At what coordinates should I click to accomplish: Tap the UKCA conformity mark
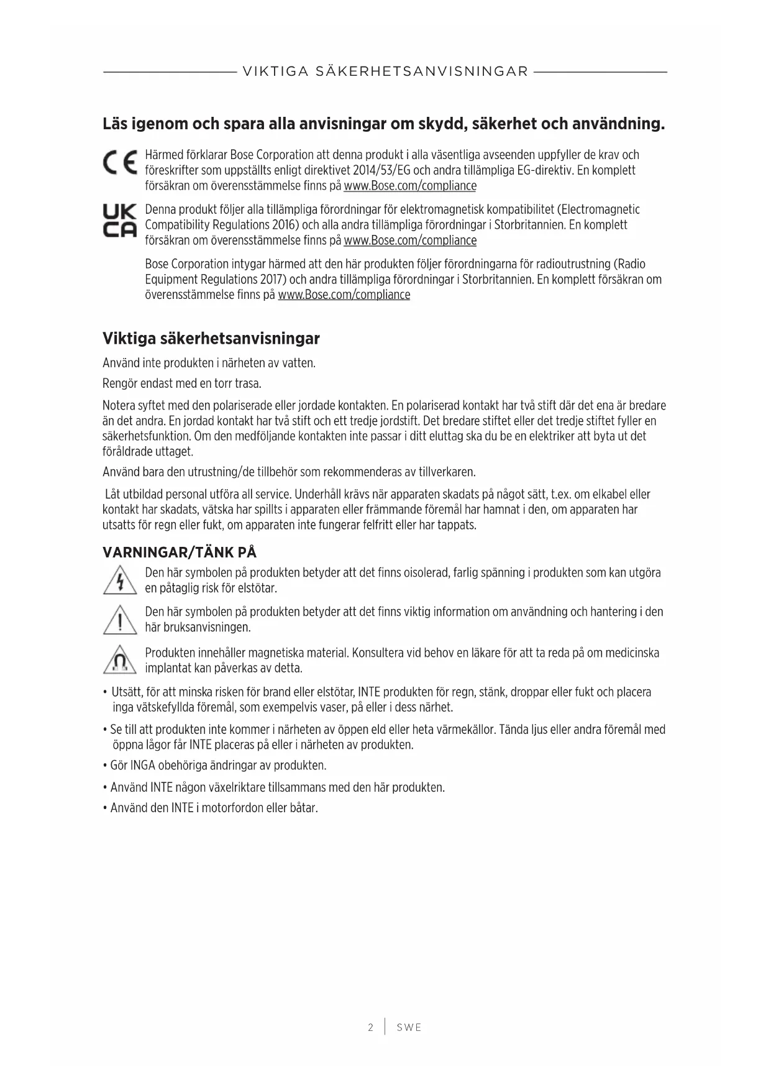[119, 221]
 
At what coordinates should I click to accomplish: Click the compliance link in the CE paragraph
[410, 186]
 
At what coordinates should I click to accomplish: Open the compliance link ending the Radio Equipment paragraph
[344, 295]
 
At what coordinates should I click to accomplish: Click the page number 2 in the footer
[371, 1027]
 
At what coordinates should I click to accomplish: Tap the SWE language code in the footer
[409, 1027]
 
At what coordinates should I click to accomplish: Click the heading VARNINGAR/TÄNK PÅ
[180, 552]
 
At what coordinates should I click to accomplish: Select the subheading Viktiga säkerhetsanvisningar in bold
[211, 339]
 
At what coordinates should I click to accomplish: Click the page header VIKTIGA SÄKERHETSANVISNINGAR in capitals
[385, 71]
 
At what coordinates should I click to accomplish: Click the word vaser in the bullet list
[334, 707]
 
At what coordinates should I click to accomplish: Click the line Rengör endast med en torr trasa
[181, 383]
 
